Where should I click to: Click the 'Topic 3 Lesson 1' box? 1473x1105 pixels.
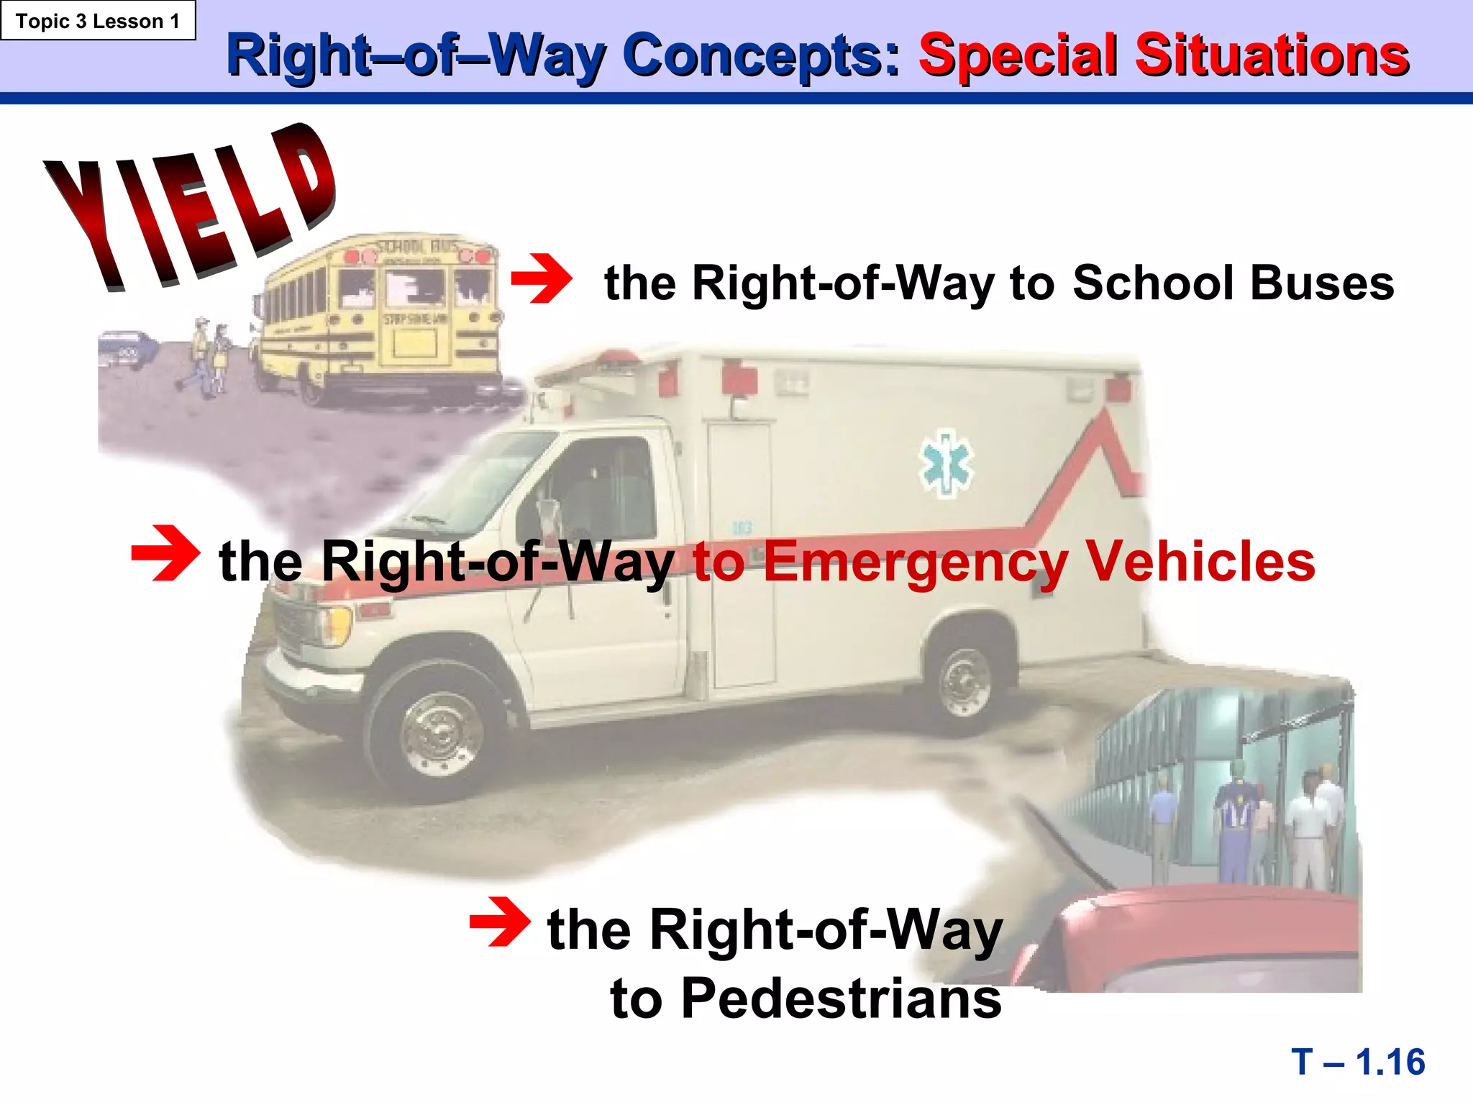[x=98, y=21]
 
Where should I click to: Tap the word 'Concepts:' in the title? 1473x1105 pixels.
[x=761, y=56]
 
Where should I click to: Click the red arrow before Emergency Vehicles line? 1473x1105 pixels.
[x=165, y=552]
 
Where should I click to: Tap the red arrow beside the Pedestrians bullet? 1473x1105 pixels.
[x=501, y=922]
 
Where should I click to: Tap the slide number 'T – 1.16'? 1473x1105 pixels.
[x=1358, y=1062]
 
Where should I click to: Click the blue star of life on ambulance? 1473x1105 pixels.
[x=947, y=463]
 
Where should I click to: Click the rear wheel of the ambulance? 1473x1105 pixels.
[x=965, y=680]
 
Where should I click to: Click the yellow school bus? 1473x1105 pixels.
[x=381, y=317]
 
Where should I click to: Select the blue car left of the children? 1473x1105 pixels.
[x=128, y=349]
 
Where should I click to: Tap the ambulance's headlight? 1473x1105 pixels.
[x=335, y=624]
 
